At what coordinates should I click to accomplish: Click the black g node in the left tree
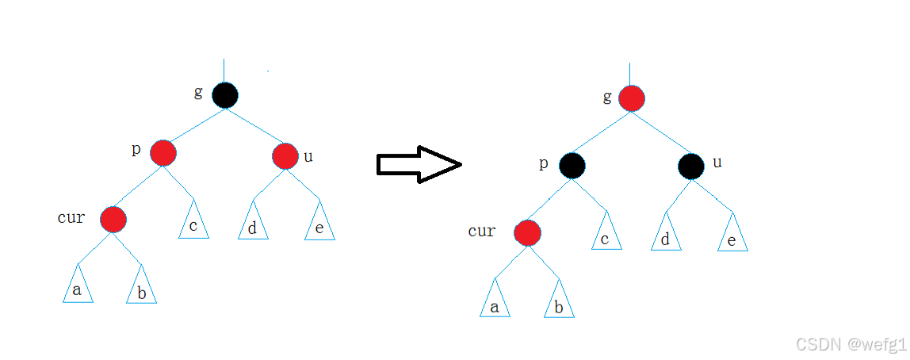225,95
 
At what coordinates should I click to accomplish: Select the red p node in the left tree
162,152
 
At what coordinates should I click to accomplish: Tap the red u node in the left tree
285,156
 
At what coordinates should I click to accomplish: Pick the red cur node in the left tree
113,219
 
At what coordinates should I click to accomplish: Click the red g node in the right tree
632,99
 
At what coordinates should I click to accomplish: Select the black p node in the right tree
572,166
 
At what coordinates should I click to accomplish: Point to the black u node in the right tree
691,166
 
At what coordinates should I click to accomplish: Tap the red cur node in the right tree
527,233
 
